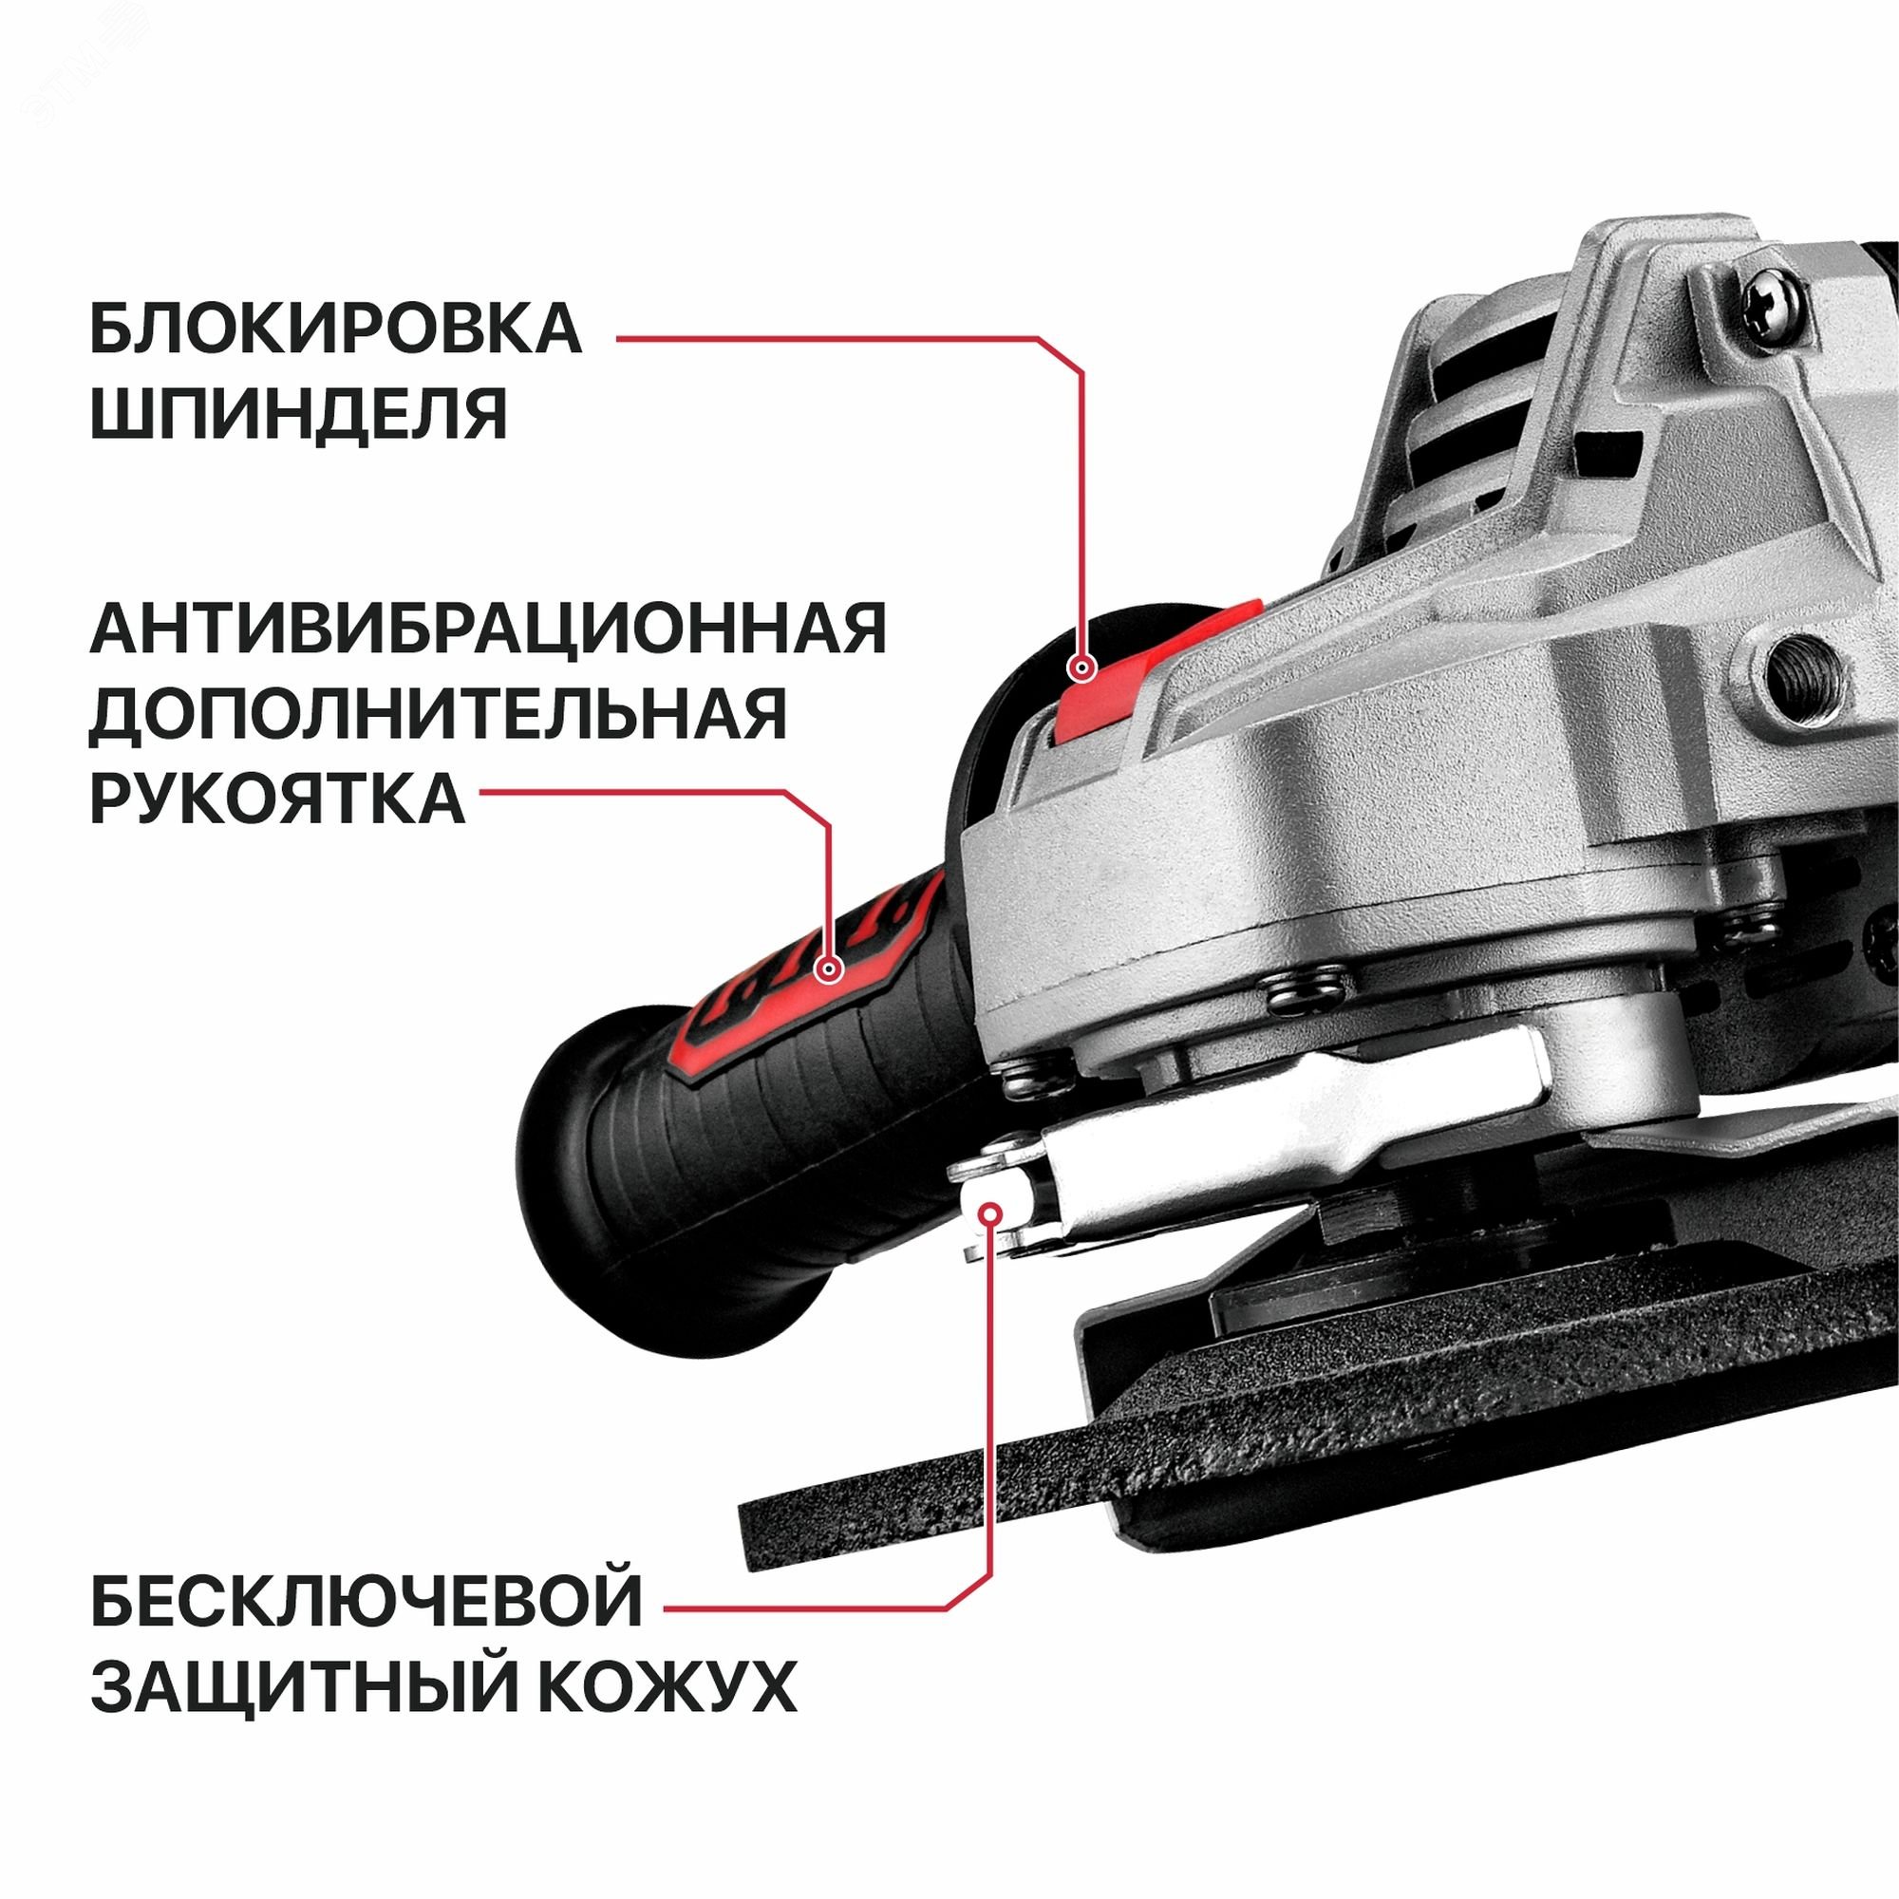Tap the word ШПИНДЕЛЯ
(x=299, y=414)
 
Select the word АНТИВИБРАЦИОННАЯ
(x=488, y=630)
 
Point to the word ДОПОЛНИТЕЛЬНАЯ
(x=439, y=715)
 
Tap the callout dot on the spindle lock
(x=1083, y=669)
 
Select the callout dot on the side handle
(x=831, y=970)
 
